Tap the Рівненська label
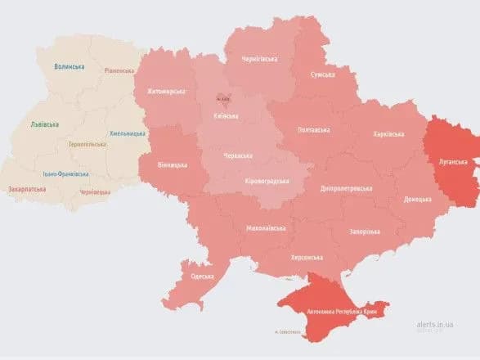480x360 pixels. tap(119, 70)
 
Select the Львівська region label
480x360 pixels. tap(44, 124)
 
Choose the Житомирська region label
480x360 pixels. tap(166, 92)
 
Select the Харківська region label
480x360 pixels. tap(388, 133)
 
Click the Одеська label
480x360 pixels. tap(202, 276)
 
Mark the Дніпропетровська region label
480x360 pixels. tap(348, 187)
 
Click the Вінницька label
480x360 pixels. tap(173, 164)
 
